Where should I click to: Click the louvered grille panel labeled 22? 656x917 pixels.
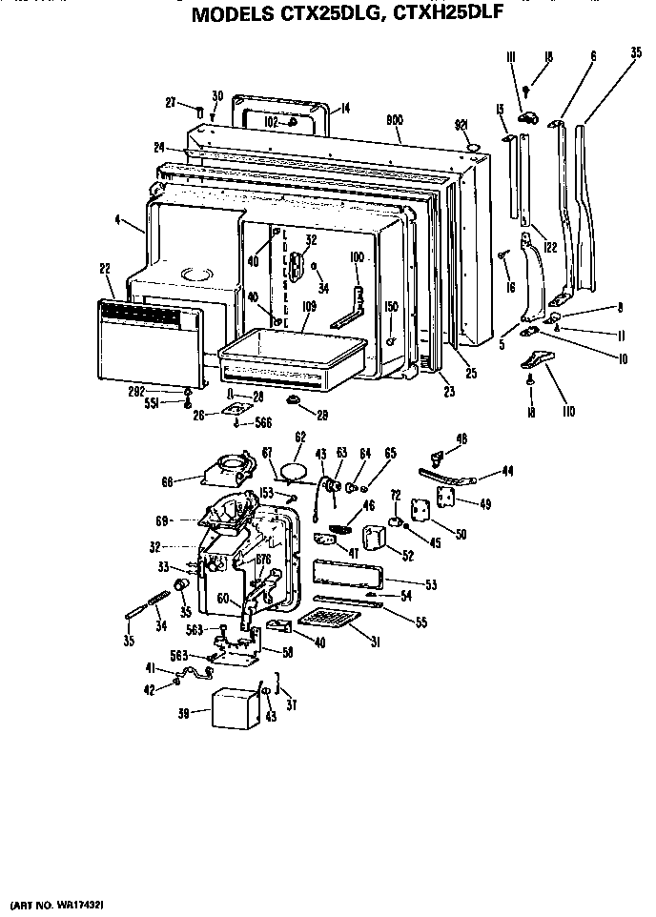click(x=151, y=338)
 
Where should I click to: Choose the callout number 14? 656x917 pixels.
click(x=345, y=108)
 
